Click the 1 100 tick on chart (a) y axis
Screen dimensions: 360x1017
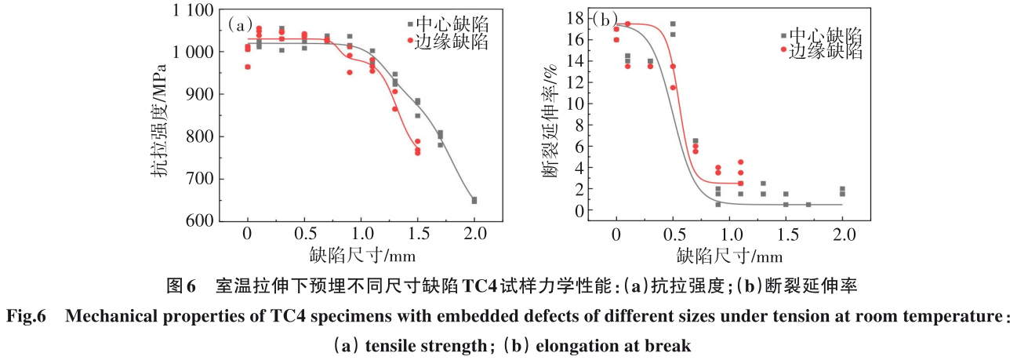(192, 10)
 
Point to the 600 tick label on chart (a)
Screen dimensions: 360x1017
(199, 222)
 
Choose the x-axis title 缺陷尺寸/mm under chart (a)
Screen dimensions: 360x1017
(361, 254)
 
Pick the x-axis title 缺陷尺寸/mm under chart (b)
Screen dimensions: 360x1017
(730, 254)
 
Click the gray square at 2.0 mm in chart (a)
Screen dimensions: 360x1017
(474, 200)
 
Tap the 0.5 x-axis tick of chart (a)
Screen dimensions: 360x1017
(304, 234)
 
